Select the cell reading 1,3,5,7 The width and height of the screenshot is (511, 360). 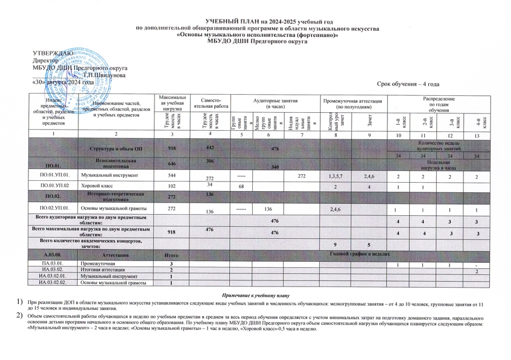[332, 175]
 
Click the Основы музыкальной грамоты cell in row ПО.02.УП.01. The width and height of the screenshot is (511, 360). [115, 209]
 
